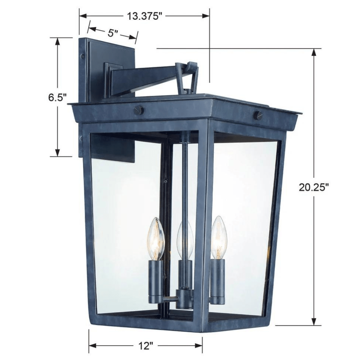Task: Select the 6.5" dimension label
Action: click(58, 97)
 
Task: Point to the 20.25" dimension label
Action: click(314, 187)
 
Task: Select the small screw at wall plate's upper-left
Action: click(83, 55)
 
